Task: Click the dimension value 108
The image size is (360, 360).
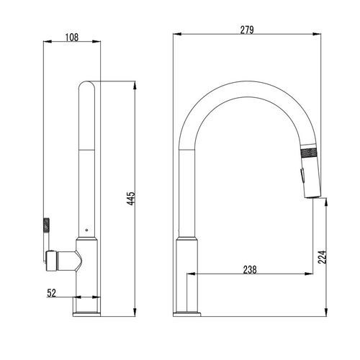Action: coord(72,37)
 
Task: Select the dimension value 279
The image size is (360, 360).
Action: coord(247,30)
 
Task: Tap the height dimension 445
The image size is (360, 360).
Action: coord(131,198)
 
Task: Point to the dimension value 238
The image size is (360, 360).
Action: coord(250,270)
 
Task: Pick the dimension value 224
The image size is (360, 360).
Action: coord(323,257)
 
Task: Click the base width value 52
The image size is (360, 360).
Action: coord(51,293)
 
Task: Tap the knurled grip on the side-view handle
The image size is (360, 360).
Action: coord(46,225)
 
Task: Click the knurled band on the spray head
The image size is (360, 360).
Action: coord(310,153)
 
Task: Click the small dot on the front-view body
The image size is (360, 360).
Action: coord(86,230)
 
